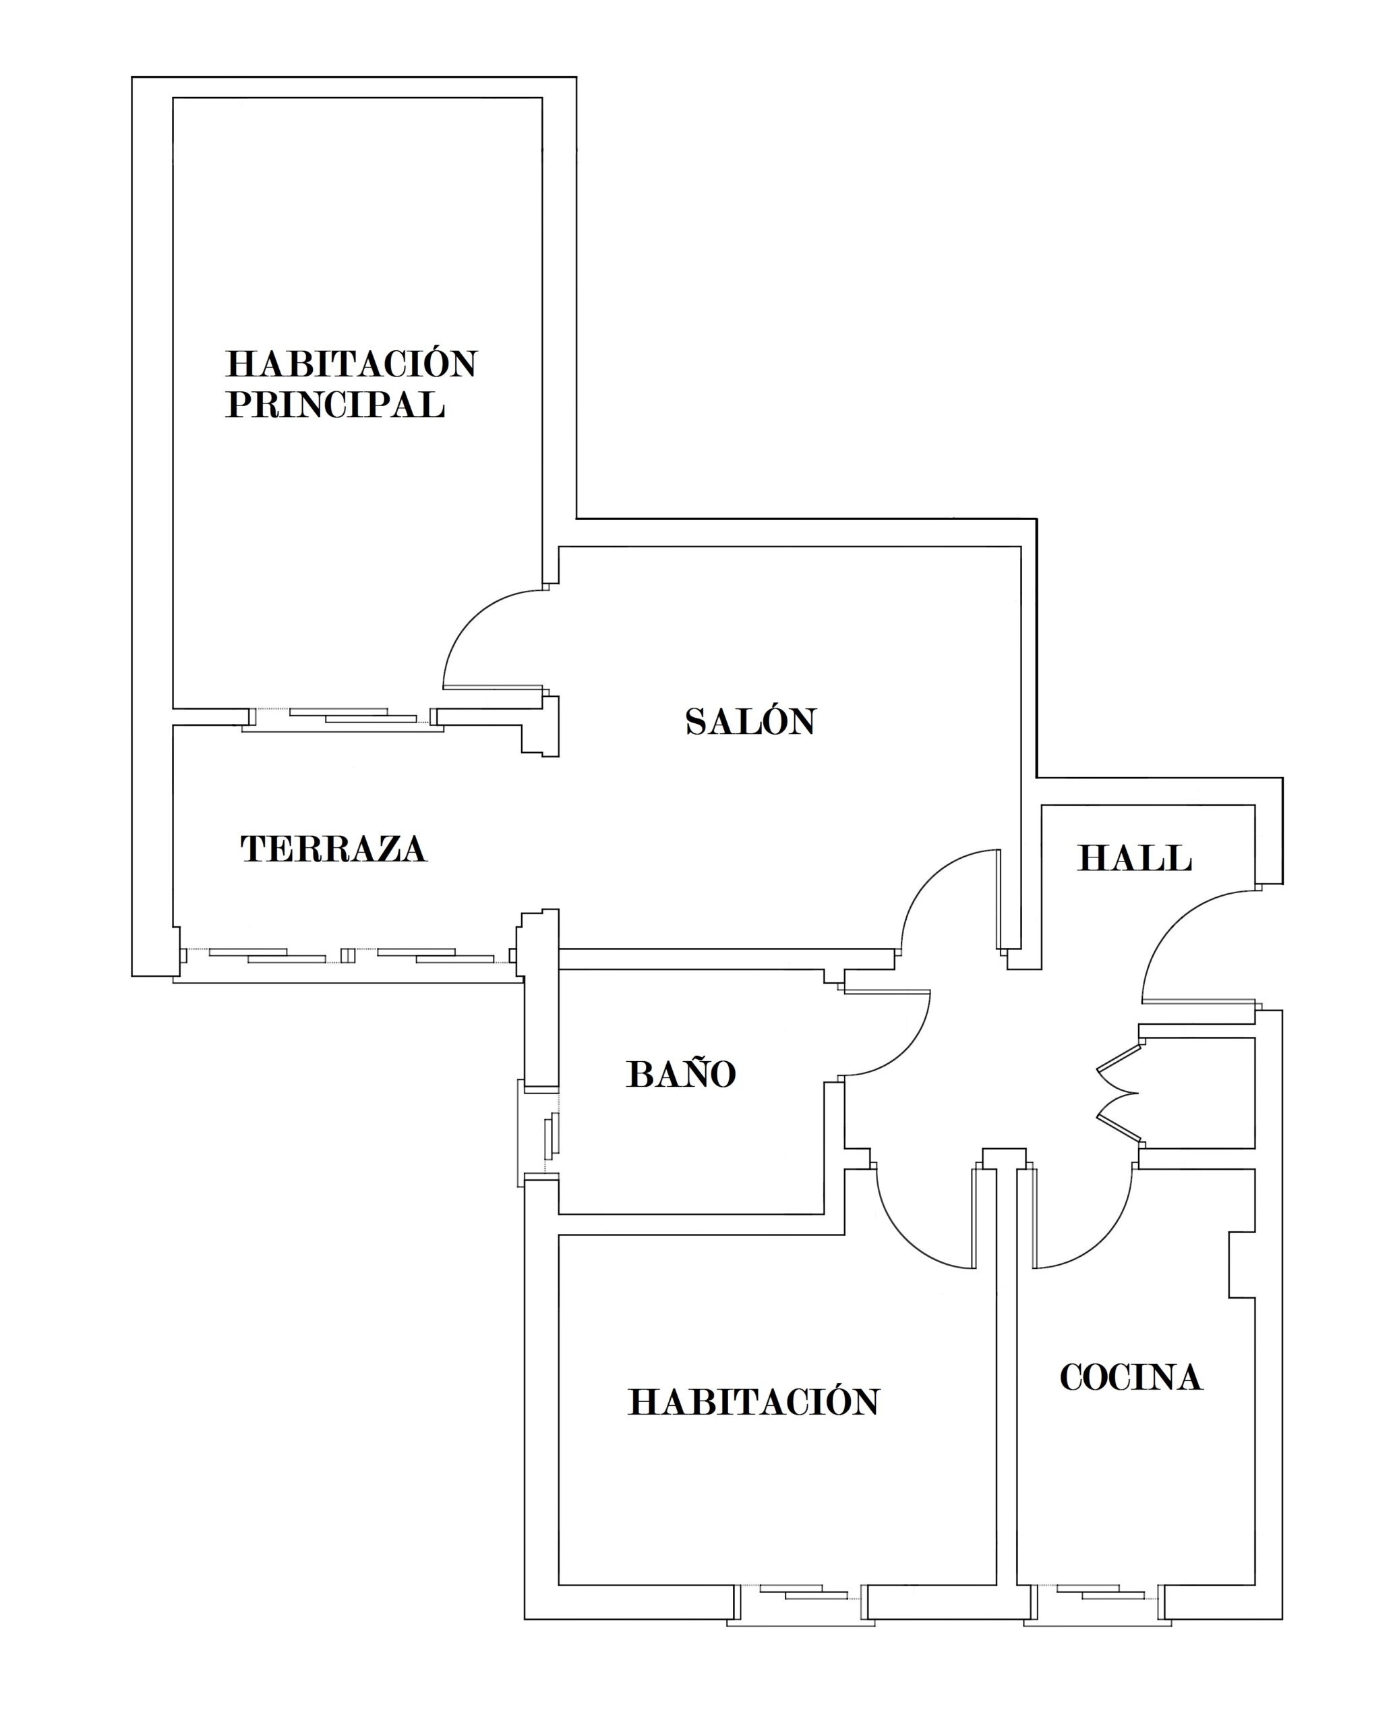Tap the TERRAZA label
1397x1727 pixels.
coord(333,849)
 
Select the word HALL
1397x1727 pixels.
coord(1135,858)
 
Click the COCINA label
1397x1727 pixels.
coord(1131,1378)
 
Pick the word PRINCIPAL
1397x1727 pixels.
coord(336,404)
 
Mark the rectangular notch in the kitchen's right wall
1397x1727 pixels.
coord(1242,1265)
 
